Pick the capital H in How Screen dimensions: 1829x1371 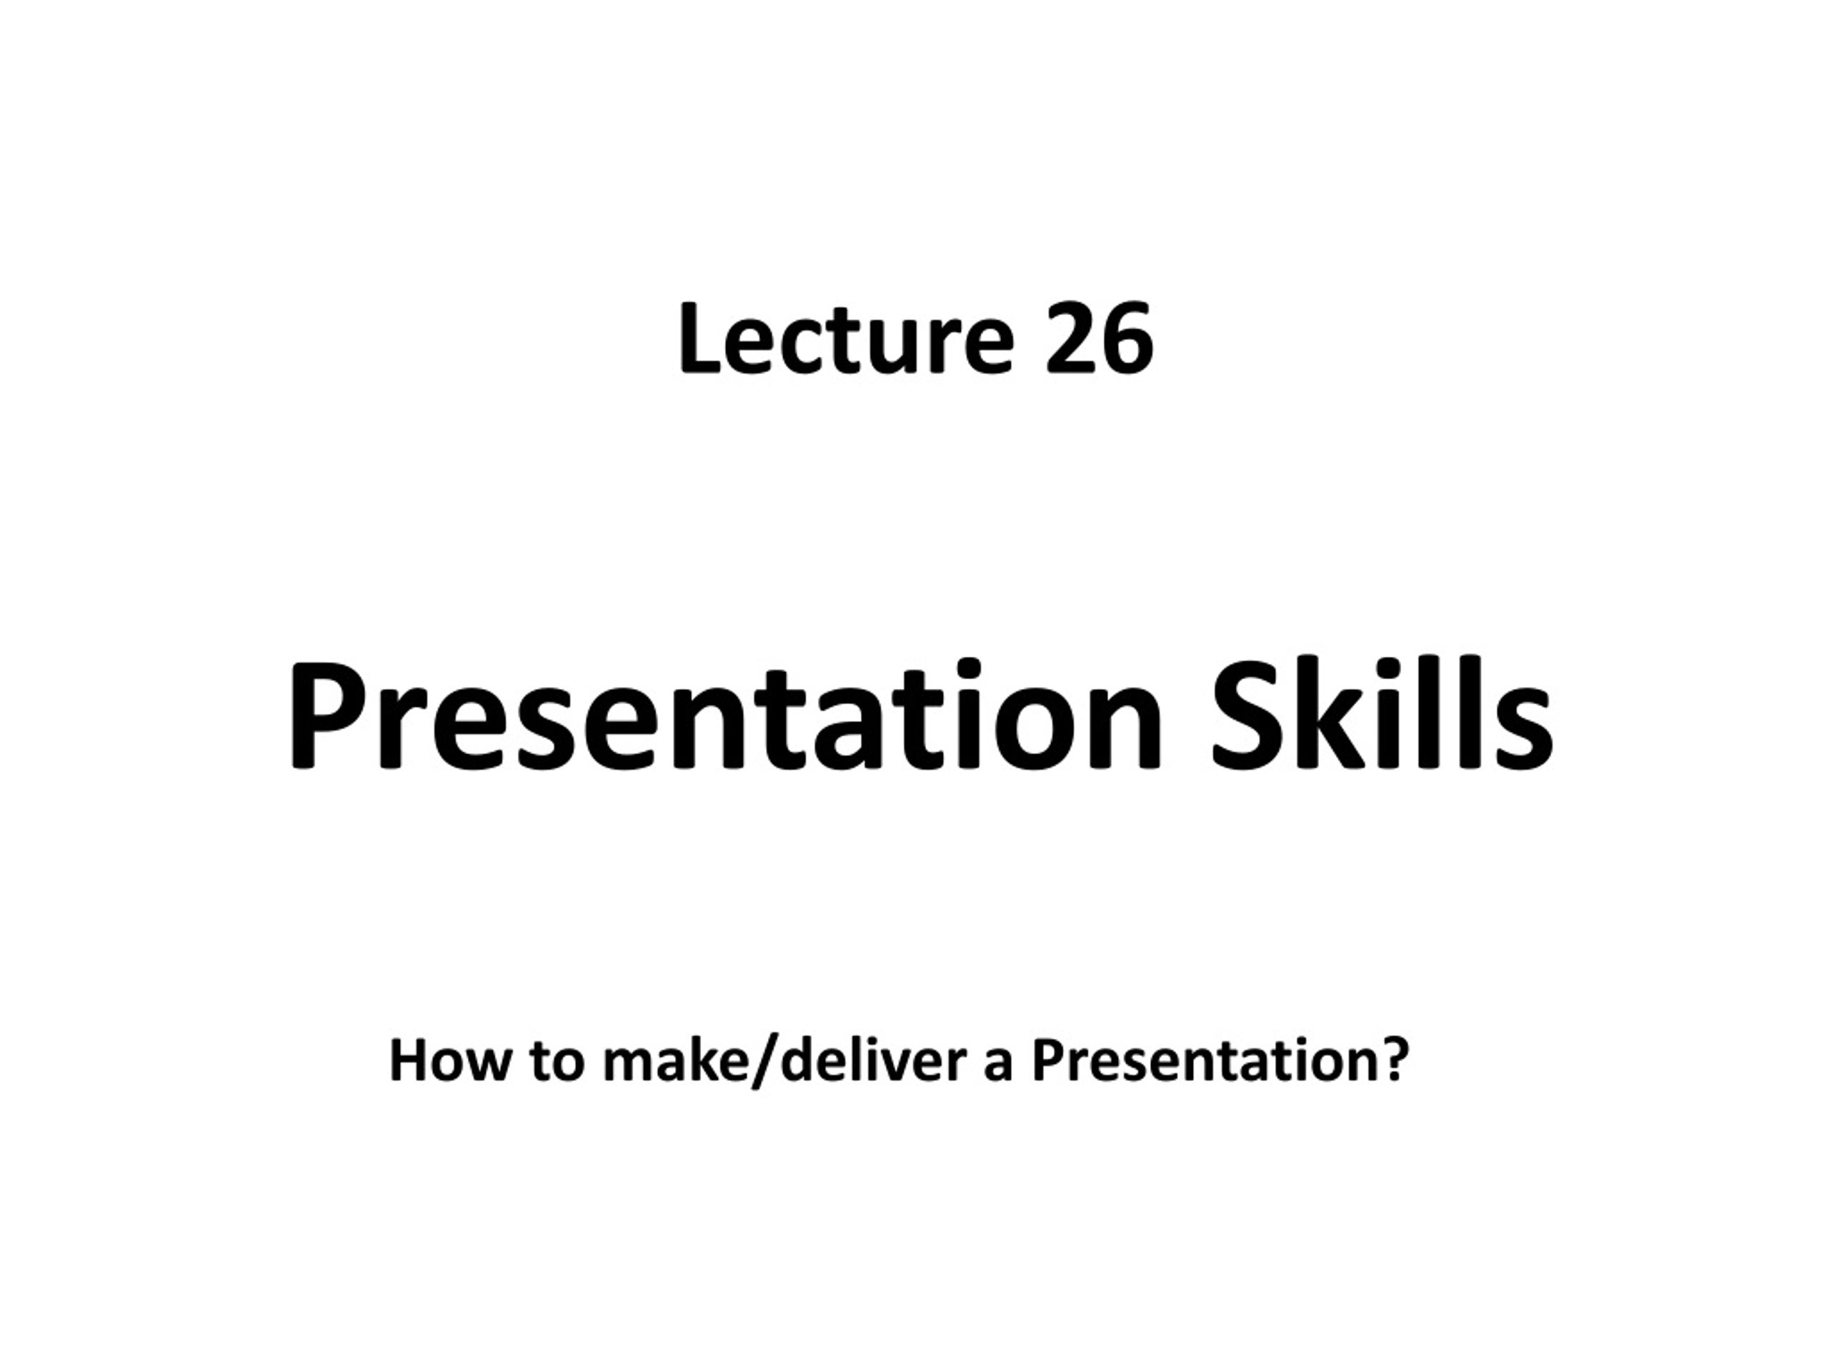coord(410,1061)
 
